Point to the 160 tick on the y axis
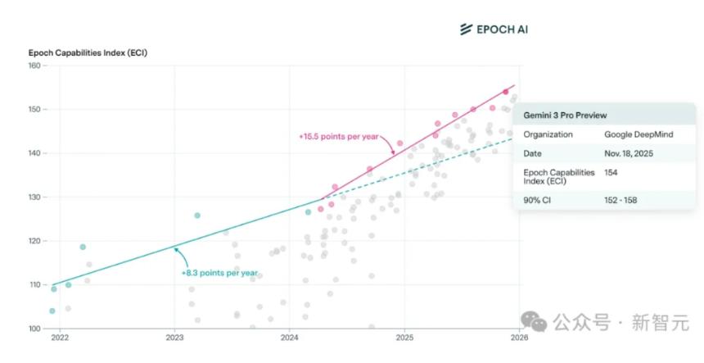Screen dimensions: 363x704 (34, 66)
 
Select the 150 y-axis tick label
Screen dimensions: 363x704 (34, 110)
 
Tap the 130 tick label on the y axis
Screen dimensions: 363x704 (34, 197)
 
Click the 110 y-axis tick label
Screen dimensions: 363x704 (34, 285)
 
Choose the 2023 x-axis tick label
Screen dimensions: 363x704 (174, 338)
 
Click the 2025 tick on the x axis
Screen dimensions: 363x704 (404, 338)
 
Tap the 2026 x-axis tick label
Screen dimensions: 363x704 (519, 338)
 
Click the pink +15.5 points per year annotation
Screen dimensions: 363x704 (338, 137)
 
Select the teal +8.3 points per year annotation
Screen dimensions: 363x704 (219, 273)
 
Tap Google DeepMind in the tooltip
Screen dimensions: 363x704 (639, 134)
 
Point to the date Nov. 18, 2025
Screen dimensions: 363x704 (633, 153)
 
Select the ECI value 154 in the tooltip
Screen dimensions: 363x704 (611, 172)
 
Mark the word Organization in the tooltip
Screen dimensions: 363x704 (548, 134)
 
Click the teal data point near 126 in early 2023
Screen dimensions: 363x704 (197, 216)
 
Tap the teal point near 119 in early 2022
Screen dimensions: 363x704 (83, 247)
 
